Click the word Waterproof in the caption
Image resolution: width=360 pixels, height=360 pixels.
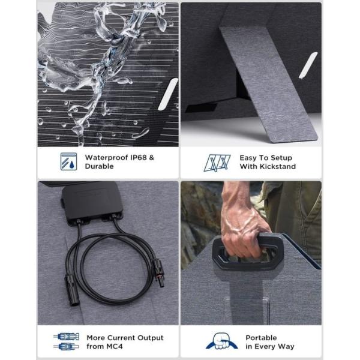[x=107, y=157]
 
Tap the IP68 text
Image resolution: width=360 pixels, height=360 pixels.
[x=139, y=157]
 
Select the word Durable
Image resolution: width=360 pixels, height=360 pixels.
[x=99, y=166]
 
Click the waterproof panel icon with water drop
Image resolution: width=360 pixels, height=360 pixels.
[x=68, y=161]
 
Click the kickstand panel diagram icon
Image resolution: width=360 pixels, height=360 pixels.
[x=217, y=163]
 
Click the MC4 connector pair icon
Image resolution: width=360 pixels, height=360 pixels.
[x=66, y=341]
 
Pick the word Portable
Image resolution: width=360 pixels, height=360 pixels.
[x=261, y=338]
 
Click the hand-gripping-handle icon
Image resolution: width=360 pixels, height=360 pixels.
[x=221, y=341]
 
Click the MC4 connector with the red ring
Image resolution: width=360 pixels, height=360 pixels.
[x=158, y=272]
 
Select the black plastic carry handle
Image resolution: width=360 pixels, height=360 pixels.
[x=248, y=251]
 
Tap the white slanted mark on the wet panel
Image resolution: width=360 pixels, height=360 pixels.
[x=168, y=94]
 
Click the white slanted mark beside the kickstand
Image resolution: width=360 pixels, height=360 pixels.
[x=308, y=65]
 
